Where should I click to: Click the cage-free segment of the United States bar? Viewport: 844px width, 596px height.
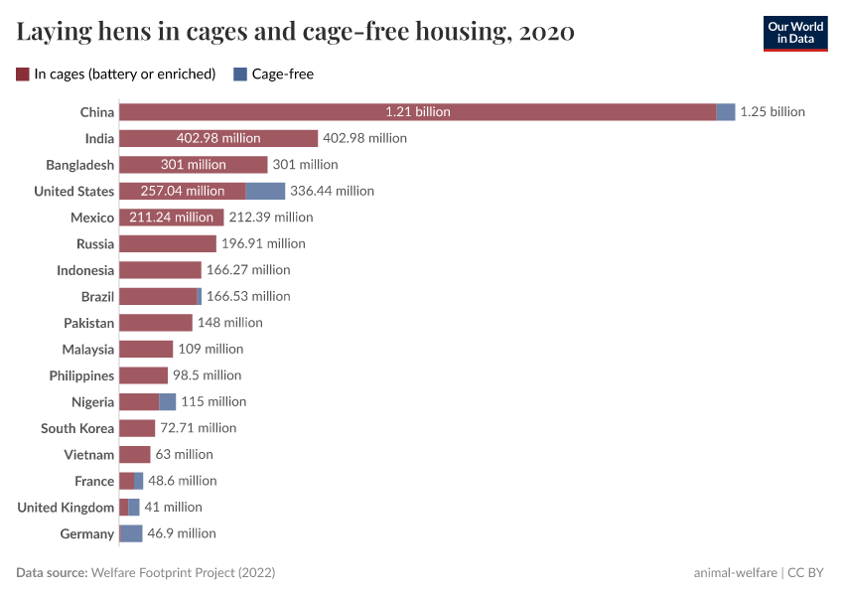[265, 191]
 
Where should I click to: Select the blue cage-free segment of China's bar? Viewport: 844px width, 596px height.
[726, 112]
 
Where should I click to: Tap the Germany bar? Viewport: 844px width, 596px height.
[131, 533]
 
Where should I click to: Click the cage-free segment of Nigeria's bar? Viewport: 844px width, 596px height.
[168, 401]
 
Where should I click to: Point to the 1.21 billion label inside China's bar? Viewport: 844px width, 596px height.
[418, 112]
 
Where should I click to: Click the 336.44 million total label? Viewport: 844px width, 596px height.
[332, 191]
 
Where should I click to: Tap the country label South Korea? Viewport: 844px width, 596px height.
[77, 428]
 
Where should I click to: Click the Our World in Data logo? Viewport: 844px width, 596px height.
[795, 33]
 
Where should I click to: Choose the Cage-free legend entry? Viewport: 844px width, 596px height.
[273, 74]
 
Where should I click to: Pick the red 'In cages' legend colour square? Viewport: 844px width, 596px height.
[23, 74]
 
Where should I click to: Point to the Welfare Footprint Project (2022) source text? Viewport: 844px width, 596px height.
[183, 573]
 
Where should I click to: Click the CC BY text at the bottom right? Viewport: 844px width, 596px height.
[808, 573]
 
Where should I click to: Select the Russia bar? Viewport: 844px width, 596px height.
[168, 243]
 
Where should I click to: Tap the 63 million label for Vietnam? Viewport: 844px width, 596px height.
[184, 454]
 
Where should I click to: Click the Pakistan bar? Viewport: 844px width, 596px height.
[156, 323]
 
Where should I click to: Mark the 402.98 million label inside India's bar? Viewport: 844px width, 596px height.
[218, 138]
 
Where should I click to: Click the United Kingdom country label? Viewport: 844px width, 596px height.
[66, 508]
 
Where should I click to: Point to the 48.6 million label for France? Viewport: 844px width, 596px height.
[183, 481]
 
